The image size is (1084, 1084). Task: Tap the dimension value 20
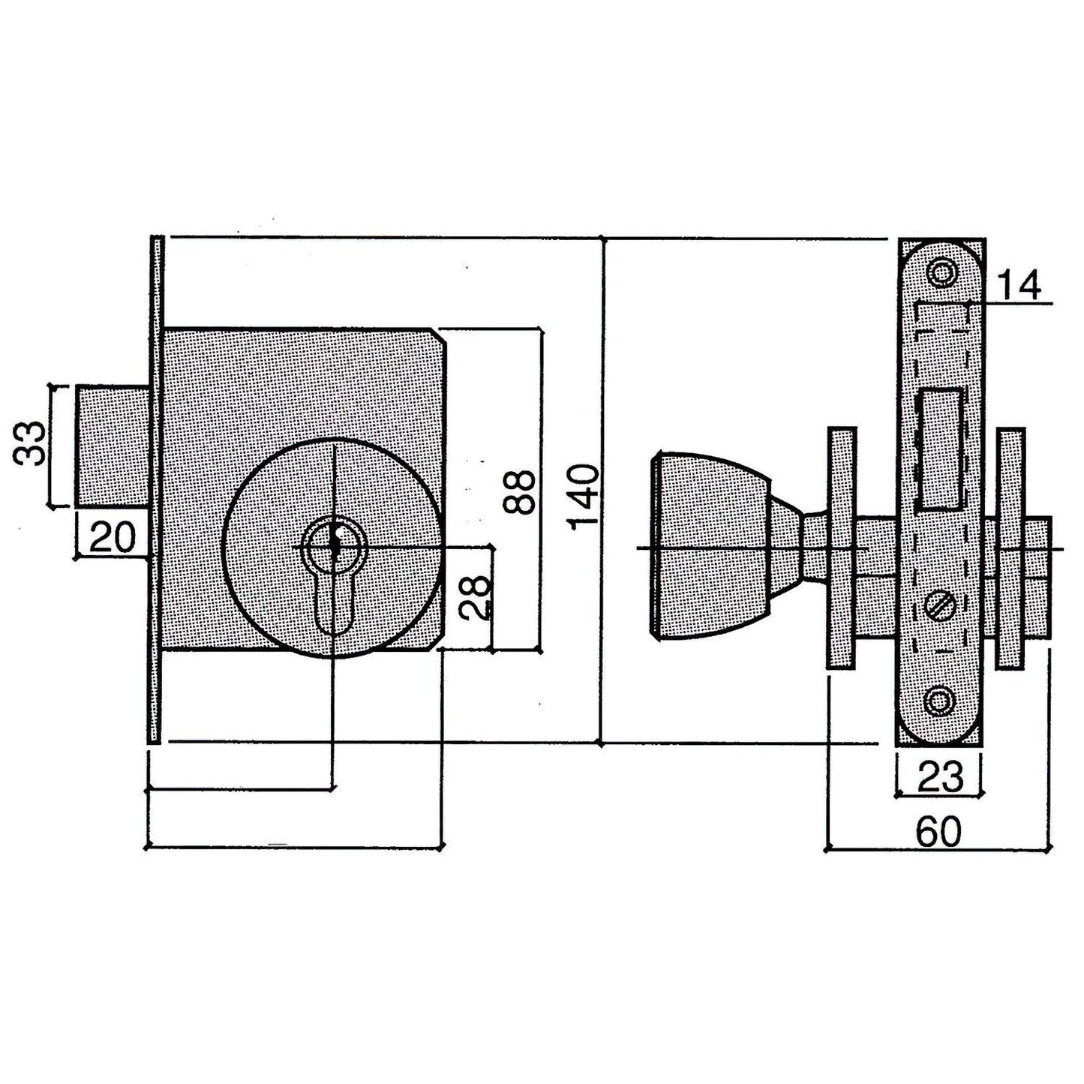click(112, 537)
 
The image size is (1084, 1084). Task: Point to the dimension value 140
click(584, 498)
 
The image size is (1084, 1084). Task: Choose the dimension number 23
click(939, 778)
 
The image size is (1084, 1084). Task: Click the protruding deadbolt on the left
click(113, 444)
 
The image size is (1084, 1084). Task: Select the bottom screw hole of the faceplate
click(939, 701)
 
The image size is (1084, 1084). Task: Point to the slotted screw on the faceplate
click(939, 605)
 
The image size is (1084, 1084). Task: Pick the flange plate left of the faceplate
click(841, 546)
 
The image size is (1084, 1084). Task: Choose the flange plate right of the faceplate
click(1010, 546)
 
